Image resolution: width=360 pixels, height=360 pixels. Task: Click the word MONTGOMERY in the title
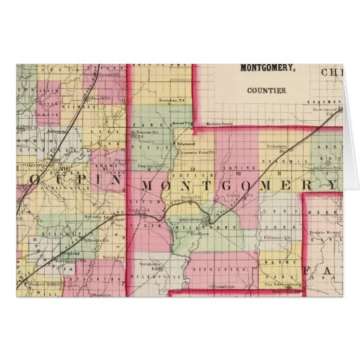point(266,69)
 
